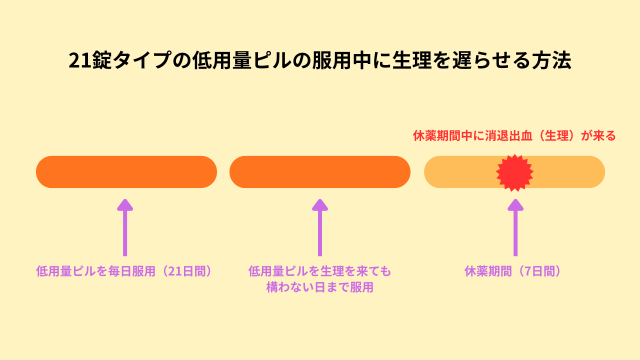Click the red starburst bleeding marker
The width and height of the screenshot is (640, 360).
(x=515, y=172)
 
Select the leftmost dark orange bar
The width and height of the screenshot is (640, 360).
(x=126, y=172)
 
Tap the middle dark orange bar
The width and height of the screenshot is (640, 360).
(x=320, y=172)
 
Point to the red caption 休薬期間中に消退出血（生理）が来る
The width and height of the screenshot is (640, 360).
(x=514, y=134)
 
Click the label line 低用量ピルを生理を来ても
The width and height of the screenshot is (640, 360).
(x=320, y=271)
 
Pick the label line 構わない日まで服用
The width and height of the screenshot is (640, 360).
(x=320, y=287)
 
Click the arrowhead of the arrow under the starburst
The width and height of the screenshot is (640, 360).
(x=515, y=205)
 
